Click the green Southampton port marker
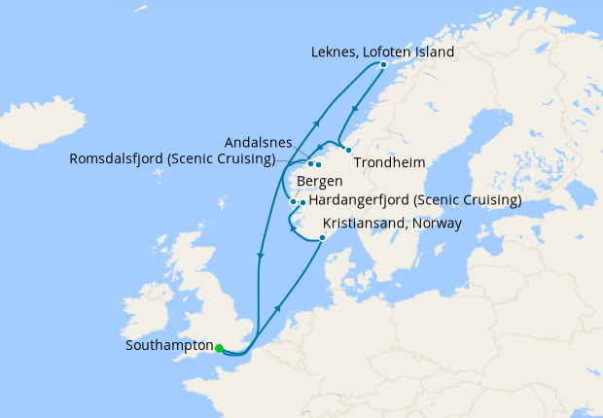(220, 347)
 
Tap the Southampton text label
(169, 345)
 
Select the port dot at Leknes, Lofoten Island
(383, 64)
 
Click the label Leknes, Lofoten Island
(382, 52)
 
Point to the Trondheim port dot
(348, 150)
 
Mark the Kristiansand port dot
(322, 237)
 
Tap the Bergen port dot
(293, 201)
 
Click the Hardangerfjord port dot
(302, 202)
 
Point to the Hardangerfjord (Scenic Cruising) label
(414, 201)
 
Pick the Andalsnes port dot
(318, 163)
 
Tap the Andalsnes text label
(256, 142)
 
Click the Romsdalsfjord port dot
(310, 162)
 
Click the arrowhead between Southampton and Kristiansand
(279, 307)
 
